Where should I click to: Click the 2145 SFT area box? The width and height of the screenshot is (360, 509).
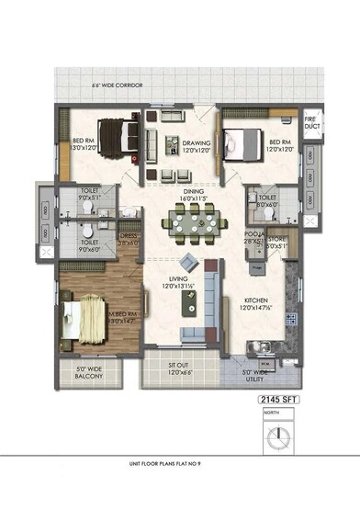pyautogui.click(x=279, y=402)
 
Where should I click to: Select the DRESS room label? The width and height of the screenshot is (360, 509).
pyautogui.click(x=129, y=238)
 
